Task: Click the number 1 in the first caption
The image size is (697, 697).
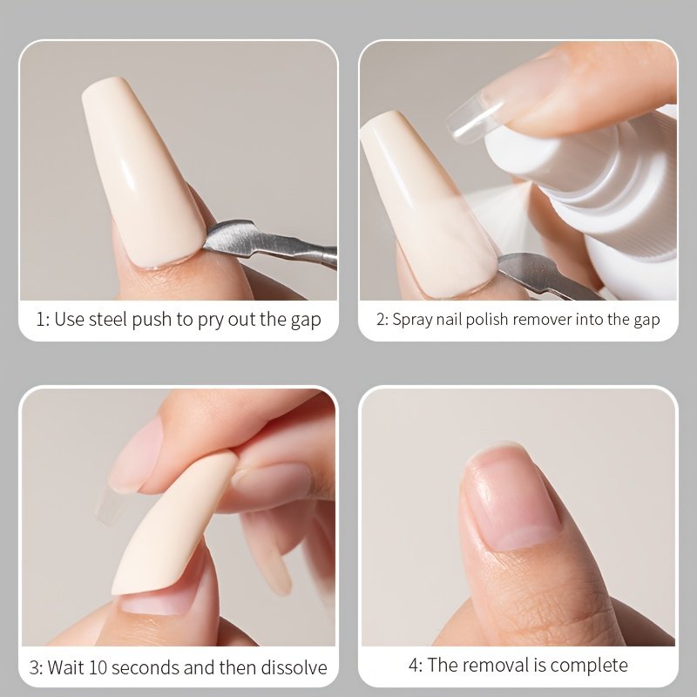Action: tap(40, 320)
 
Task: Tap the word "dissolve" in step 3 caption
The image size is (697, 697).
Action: tap(294, 667)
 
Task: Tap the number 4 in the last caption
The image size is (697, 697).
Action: tap(413, 666)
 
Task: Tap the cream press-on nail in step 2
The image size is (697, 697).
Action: tap(426, 205)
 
